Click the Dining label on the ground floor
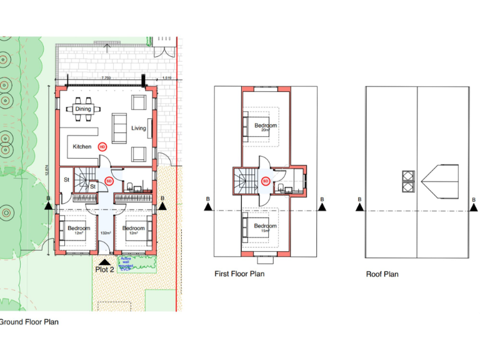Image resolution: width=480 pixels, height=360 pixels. click(83, 109)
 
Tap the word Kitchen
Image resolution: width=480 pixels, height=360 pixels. click(82, 147)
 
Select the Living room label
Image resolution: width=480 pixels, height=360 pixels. click(138, 128)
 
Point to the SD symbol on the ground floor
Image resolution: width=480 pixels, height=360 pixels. click(109, 182)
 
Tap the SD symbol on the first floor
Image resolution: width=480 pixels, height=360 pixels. click(265, 182)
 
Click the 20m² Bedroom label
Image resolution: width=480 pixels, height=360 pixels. click(265, 127)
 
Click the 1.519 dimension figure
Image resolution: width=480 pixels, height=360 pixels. click(167, 77)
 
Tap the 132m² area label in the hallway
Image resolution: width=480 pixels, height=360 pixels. click(106, 232)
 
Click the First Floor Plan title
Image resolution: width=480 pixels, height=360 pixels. click(239, 274)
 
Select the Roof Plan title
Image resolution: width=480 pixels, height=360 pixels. click(382, 274)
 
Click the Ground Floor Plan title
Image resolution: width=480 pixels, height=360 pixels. click(29, 322)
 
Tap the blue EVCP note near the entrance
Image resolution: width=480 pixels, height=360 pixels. click(145, 263)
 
